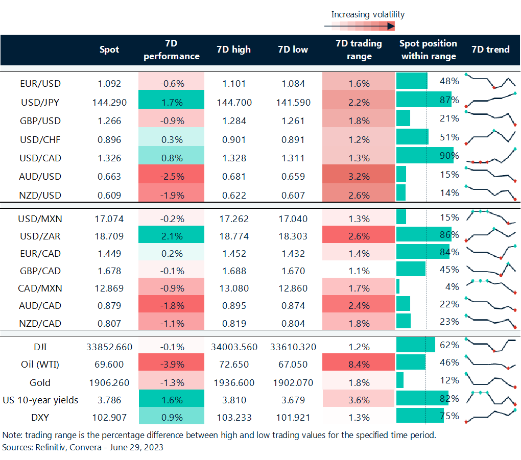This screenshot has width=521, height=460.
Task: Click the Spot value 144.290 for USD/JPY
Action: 109,102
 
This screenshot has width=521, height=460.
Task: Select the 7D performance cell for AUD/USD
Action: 171,177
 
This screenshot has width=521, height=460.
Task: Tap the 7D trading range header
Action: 359,50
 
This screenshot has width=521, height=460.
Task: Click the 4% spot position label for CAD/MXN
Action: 452,287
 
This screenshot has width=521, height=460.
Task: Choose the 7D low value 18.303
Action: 294,235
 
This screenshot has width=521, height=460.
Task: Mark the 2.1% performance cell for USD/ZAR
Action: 171,235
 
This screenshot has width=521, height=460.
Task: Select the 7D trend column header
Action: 490,50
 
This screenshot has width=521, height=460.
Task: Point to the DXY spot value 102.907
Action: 109,417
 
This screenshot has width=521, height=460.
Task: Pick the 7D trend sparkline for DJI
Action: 491,345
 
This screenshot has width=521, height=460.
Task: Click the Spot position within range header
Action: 428,50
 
